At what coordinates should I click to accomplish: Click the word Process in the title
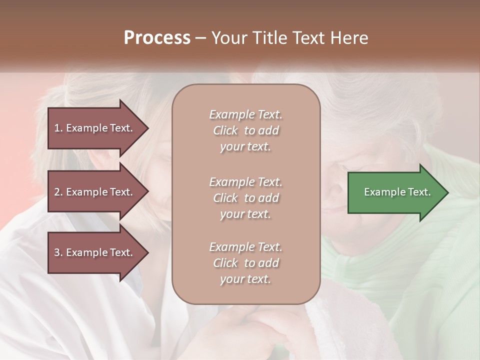click(157, 38)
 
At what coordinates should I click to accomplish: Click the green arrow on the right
click(395, 192)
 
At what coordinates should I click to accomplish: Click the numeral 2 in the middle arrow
click(57, 192)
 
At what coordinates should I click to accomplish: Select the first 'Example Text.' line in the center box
click(245, 114)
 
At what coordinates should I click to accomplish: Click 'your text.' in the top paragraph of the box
click(245, 147)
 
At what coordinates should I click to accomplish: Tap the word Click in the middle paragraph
click(225, 198)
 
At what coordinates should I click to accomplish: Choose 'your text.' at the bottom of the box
click(245, 279)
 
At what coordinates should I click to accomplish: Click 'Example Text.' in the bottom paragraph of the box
click(245, 247)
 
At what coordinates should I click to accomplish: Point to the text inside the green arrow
click(397, 192)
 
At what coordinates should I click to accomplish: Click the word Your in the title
click(229, 38)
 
